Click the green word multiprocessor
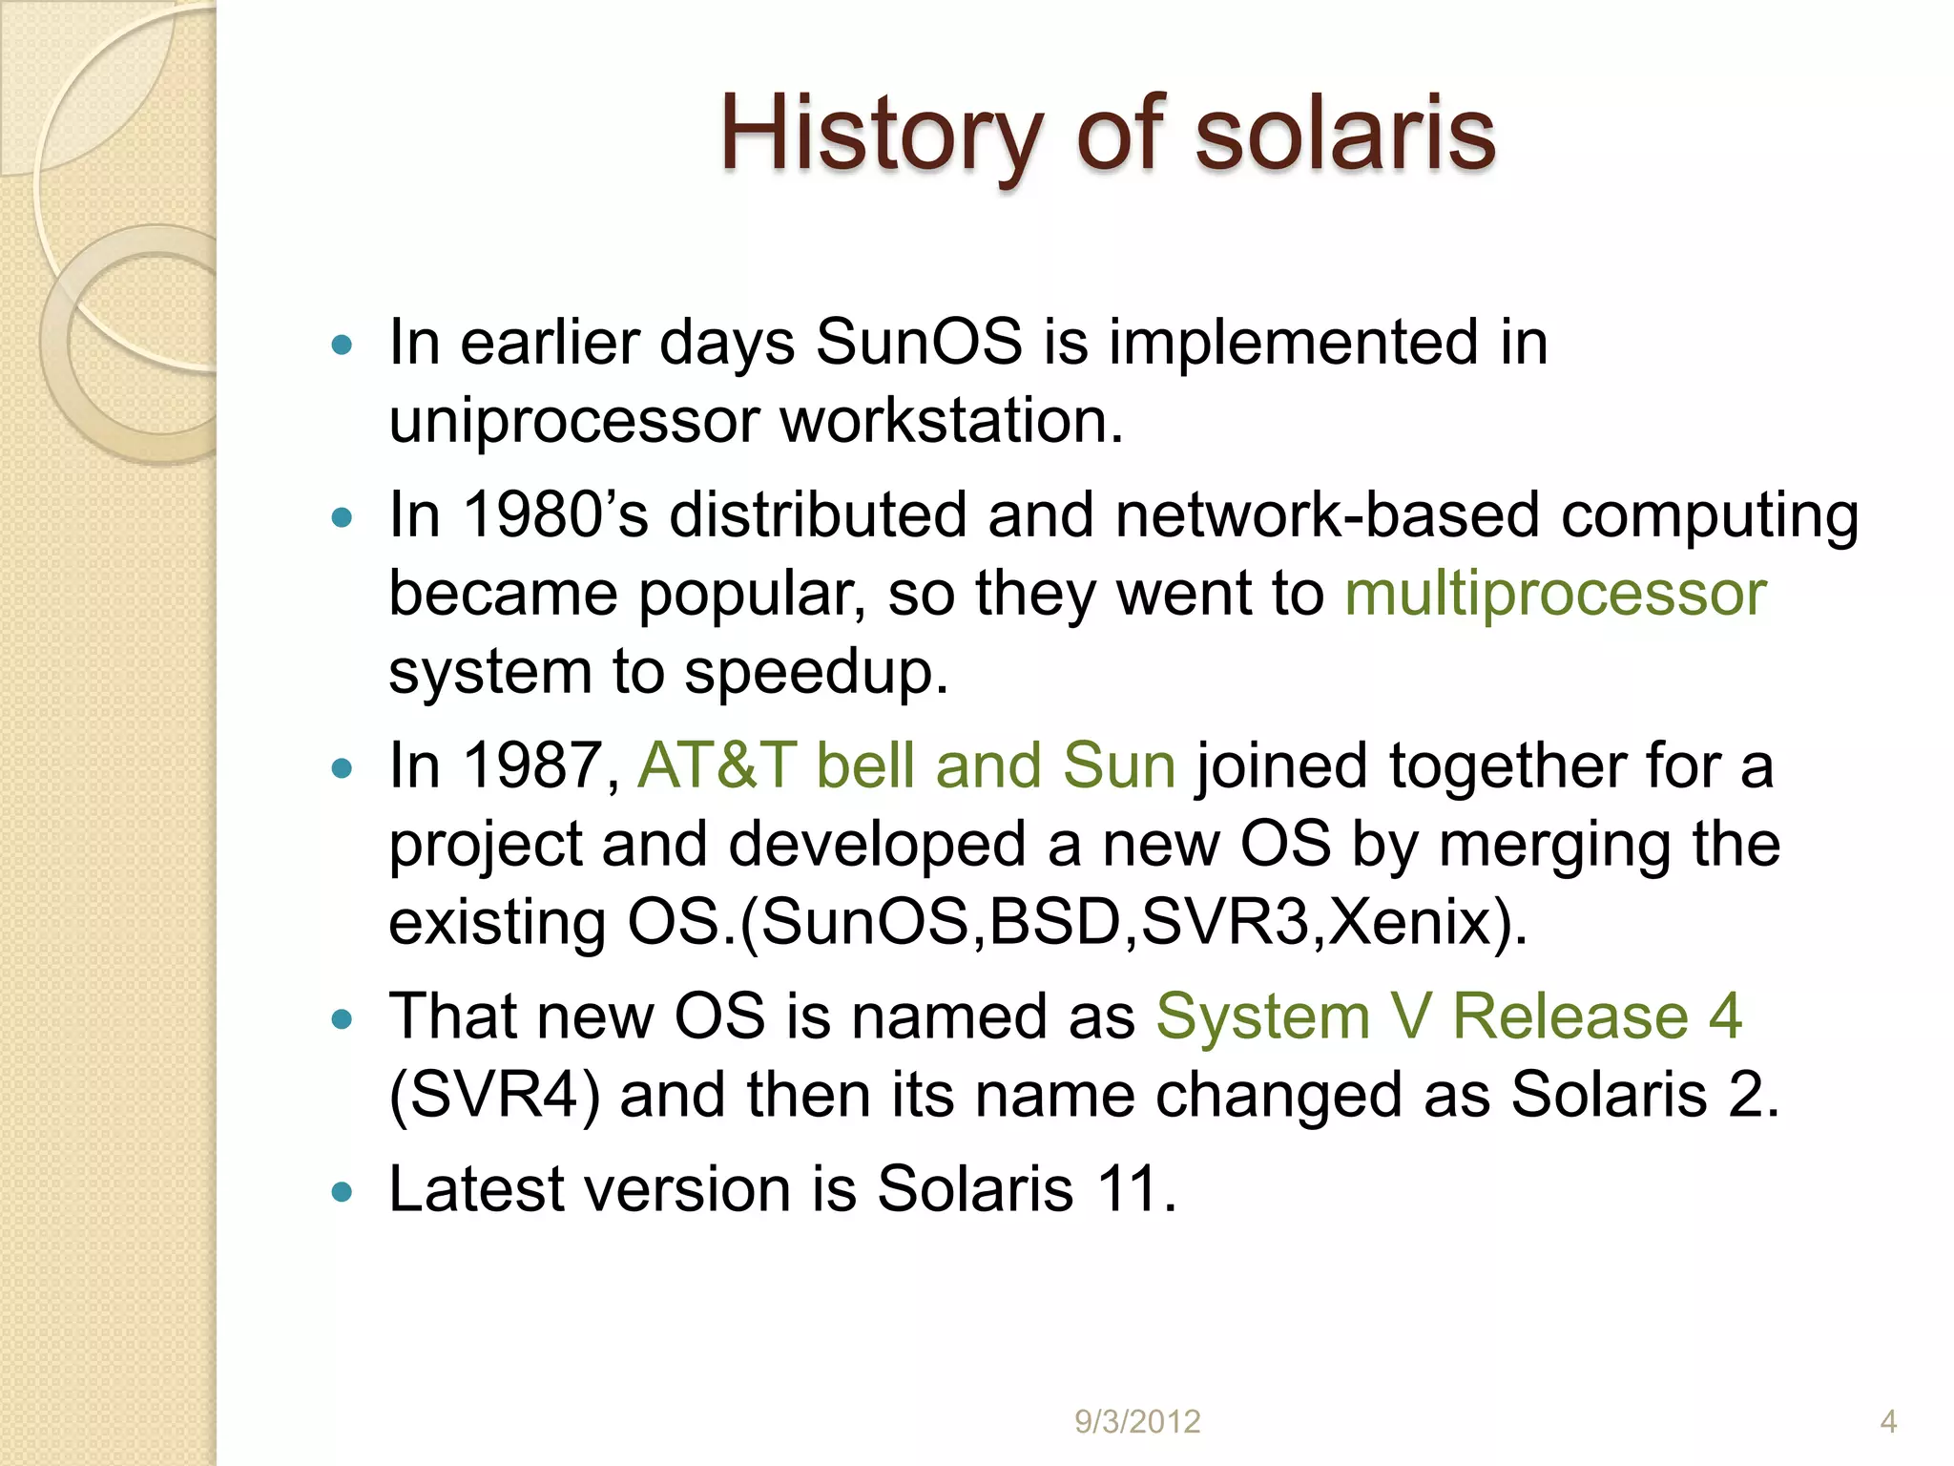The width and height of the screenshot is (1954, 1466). tap(1555, 594)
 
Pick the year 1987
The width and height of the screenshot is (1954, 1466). tap(532, 765)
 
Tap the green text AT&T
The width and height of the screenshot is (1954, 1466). tap(716, 765)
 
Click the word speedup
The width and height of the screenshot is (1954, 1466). tap(816, 673)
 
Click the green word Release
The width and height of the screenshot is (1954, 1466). tap(1569, 1016)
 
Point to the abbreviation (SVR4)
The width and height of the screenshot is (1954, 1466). tap(494, 1095)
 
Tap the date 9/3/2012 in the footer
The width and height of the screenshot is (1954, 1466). tap(1137, 1422)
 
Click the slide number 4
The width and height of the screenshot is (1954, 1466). tap(1888, 1422)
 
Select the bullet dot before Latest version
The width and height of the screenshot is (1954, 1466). tap(342, 1192)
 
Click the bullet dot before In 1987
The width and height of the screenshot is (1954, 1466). tap(342, 768)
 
